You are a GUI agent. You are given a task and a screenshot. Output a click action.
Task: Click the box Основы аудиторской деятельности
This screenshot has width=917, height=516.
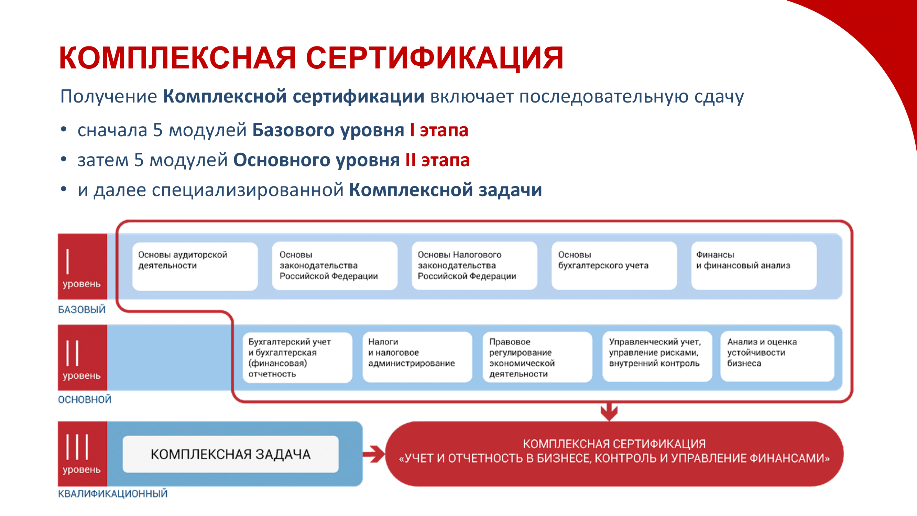click(x=195, y=266)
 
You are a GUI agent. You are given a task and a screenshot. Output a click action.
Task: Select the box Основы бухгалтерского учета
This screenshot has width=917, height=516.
click(x=614, y=266)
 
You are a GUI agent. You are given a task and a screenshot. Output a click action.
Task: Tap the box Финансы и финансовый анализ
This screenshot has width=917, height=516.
click(x=754, y=266)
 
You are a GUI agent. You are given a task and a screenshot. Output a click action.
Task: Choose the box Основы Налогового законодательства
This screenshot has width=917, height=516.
click(x=474, y=266)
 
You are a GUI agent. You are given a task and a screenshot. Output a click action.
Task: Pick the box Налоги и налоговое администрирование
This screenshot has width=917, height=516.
click(x=417, y=357)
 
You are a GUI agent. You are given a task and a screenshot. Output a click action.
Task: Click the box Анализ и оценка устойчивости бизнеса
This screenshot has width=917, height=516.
click(x=777, y=357)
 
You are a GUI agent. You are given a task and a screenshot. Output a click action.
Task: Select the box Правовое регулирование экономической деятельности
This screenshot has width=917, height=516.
click(x=537, y=357)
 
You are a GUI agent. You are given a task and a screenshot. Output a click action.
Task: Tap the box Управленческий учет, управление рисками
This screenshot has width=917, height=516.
click(x=657, y=357)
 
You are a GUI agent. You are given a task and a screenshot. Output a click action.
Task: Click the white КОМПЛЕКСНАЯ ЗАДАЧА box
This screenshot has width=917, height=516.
click(x=230, y=454)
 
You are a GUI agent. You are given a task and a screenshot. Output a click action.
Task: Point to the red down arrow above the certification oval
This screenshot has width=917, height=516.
click(x=609, y=412)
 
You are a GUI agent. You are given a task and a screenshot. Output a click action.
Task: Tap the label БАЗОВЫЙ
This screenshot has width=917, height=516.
click(x=82, y=310)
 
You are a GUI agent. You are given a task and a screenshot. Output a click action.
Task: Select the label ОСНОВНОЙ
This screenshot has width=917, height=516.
click(x=85, y=399)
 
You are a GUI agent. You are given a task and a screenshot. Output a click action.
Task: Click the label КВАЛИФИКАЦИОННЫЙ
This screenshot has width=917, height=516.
click(x=112, y=494)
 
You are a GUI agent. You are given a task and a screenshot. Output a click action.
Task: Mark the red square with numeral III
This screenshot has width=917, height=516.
click(x=82, y=453)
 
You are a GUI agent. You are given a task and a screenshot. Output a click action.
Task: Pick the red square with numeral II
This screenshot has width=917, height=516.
click(x=82, y=357)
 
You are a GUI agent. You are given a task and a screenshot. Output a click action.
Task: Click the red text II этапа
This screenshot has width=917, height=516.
click(x=437, y=160)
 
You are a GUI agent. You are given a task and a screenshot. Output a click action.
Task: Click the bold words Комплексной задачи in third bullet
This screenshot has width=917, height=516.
click(x=445, y=190)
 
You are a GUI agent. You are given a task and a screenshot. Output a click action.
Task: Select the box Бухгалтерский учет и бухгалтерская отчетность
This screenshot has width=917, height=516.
click(x=297, y=357)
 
